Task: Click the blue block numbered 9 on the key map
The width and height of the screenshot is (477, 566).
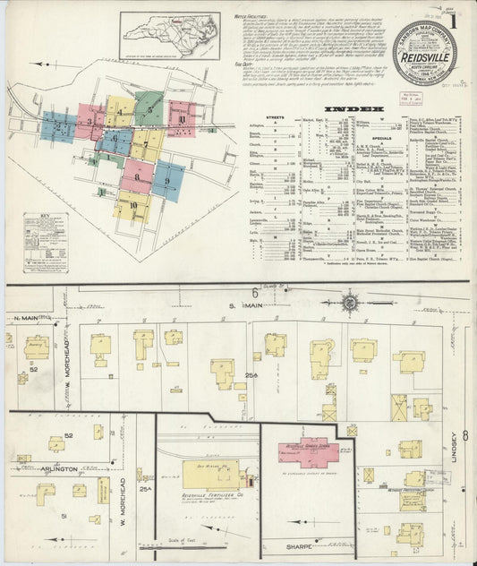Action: [x=167, y=180]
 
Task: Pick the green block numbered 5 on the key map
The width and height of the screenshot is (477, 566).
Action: [x=151, y=111]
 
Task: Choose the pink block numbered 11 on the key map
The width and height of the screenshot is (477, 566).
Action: [x=182, y=118]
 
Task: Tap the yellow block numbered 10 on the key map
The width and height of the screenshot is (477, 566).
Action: [x=132, y=206]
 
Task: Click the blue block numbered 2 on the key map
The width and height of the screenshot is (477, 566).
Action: [x=59, y=128]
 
